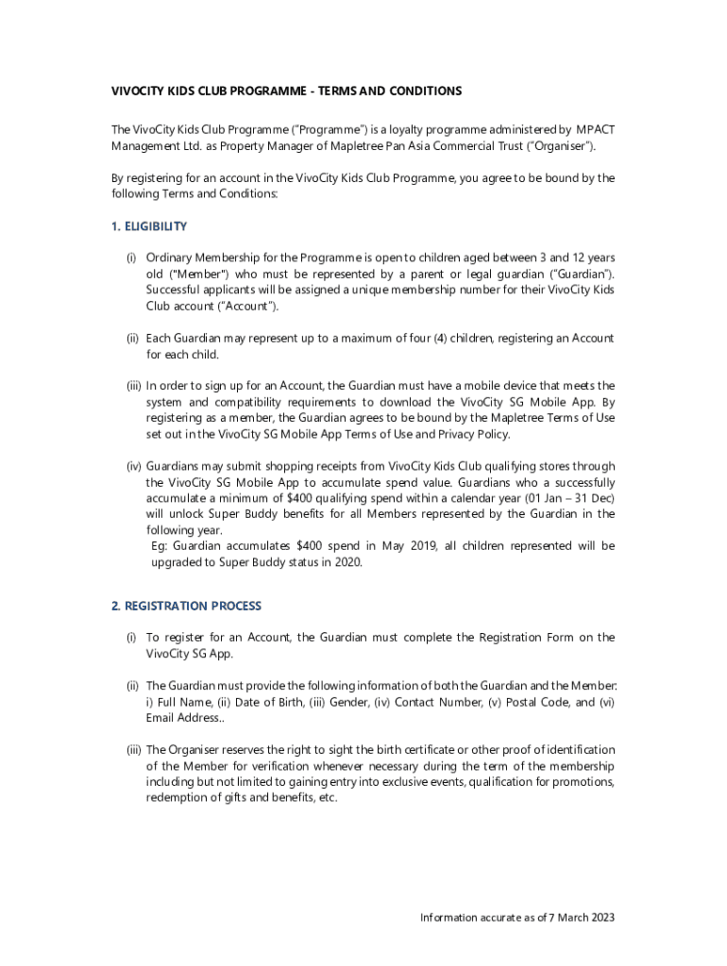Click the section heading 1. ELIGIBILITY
tap(148, 226)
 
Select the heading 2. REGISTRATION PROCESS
tap(186, 606)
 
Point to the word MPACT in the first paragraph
tap(596, 129)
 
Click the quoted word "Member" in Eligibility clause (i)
tap(189, 274)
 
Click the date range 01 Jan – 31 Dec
tap(566, 497)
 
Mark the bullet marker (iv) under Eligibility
tap(133, 466)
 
